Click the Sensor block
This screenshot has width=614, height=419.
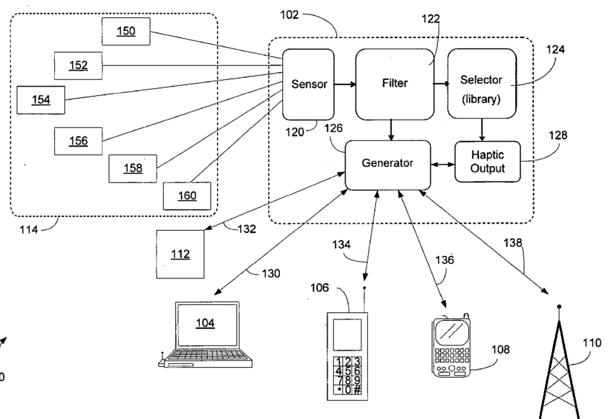click(308, 84)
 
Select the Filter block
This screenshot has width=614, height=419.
click(394, 83)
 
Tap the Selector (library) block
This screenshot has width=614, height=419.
click(481, 84)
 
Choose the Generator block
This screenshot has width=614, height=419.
click(387, 164)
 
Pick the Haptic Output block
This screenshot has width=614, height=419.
click(488, 162)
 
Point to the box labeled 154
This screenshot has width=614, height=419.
click(40, 100)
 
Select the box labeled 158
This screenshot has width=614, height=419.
click(132, 168)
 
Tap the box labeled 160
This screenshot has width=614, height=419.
click(187, 195)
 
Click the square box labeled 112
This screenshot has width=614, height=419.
click(180, 253)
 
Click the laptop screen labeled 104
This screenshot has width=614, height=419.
click(205, 324)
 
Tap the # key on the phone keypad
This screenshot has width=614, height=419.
click(357, 389)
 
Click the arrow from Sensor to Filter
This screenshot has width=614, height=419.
click(344, 84)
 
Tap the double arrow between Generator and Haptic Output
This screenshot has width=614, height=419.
click(442, 164)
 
